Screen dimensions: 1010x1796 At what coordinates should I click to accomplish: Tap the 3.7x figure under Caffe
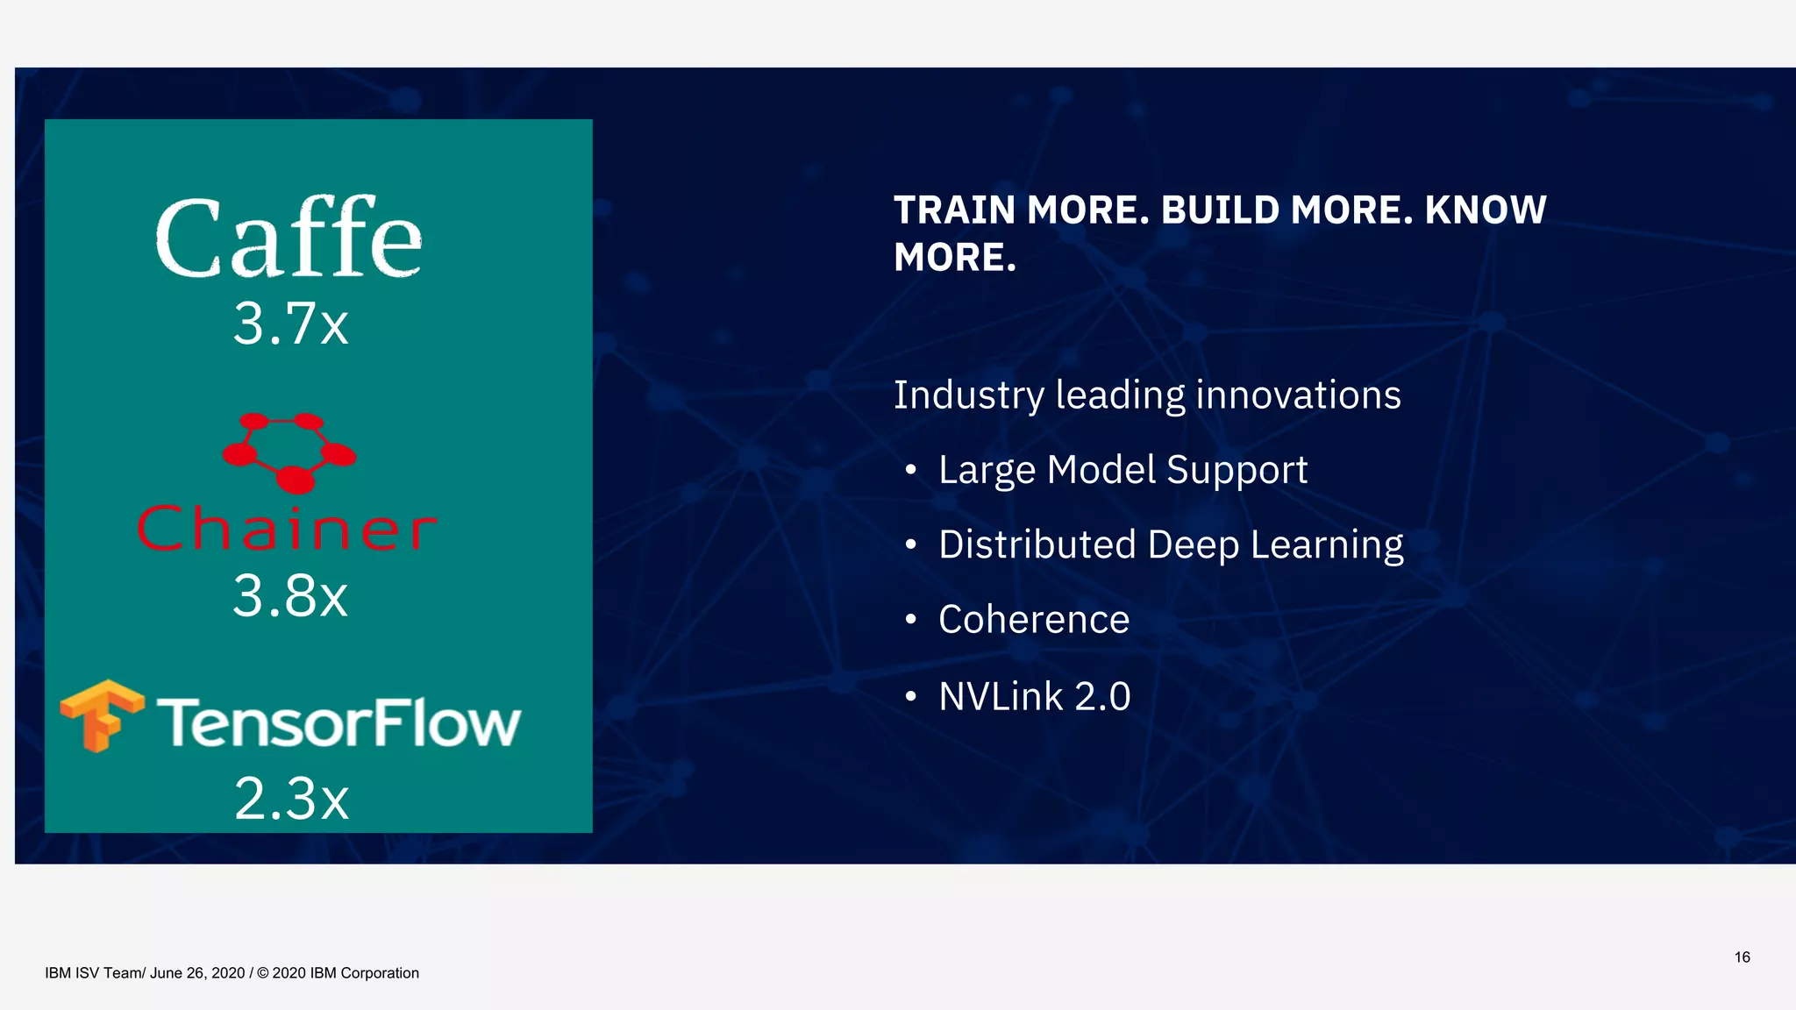coord(290,324)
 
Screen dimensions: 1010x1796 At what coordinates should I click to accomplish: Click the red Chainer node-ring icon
coord(289,451)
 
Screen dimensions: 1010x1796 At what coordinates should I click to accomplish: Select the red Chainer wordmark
coord(287,529)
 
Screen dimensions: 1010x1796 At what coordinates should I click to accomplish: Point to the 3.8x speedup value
coord(290,596)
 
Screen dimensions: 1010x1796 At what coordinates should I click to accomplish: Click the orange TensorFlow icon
coord(102,715)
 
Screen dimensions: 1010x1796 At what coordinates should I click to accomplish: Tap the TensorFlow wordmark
coord(339,723)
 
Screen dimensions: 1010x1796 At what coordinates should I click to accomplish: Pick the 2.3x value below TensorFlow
coord(291,799)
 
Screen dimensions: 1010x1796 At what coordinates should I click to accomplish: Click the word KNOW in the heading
coord(1486,210)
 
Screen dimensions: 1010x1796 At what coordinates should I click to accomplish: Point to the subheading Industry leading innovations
coord(1147,395)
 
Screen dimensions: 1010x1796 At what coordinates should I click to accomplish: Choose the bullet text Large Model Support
coord(1122,470)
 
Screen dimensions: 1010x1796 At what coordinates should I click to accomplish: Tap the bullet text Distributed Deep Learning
coord(1171,544)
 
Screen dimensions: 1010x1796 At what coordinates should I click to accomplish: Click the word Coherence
coord(1034,620)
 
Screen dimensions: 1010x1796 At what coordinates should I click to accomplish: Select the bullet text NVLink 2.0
coord(1035,697)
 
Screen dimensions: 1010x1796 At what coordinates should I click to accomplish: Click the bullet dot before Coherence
coord(911,620)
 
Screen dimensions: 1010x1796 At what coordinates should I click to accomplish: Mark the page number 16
coord(1742,957)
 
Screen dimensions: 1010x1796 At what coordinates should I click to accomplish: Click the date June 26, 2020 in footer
coord(197,973)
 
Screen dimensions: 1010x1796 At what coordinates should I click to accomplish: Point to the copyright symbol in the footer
coord(262,973)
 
